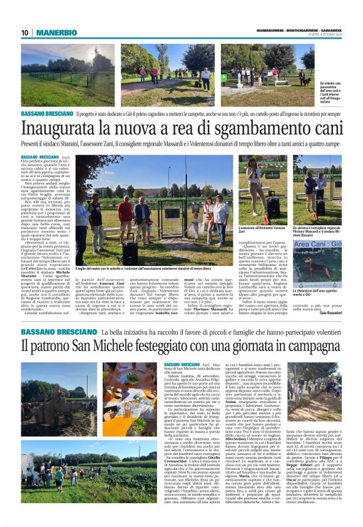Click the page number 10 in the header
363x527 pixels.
pos(24,33)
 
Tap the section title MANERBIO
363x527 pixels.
pos(56,33)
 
